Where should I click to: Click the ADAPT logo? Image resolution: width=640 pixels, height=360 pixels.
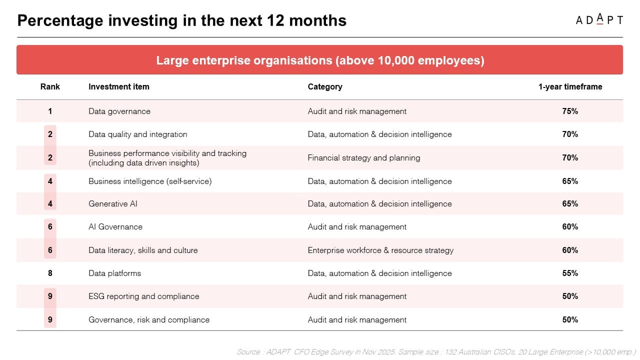click(599, 19)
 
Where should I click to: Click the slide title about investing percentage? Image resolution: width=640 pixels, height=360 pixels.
click(182, 20)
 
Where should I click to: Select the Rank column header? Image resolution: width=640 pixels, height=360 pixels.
click(50, 86)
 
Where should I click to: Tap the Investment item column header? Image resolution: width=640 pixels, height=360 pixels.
click(119, 86)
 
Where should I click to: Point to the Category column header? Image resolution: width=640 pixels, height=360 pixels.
click(325, 86)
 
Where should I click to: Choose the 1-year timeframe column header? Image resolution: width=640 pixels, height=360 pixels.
click(570, 86)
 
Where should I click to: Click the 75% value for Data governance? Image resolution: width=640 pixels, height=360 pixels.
click(570, 111)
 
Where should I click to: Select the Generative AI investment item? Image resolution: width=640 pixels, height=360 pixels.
click(113, 203)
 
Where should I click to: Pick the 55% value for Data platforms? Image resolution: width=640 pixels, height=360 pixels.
click(570, 273)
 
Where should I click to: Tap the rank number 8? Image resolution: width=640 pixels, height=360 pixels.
click(50, 273)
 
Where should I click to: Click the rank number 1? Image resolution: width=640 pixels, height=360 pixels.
click(50, 111)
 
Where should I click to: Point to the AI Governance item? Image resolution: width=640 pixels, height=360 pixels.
click(115, 226)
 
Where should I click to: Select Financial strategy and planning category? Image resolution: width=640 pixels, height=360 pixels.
click(364, 157)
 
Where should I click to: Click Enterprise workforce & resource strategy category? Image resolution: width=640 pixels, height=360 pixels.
click(380, 250)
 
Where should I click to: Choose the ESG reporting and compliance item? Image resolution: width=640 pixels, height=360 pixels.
click(144, 296)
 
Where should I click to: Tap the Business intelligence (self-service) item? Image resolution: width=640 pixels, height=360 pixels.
click(150, 181)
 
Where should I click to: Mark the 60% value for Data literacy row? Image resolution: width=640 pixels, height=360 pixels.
click(570, 250)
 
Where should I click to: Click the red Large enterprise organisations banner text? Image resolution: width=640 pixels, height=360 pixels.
click(320, 60)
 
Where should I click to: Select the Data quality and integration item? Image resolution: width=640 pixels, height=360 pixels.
click(138, 134)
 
